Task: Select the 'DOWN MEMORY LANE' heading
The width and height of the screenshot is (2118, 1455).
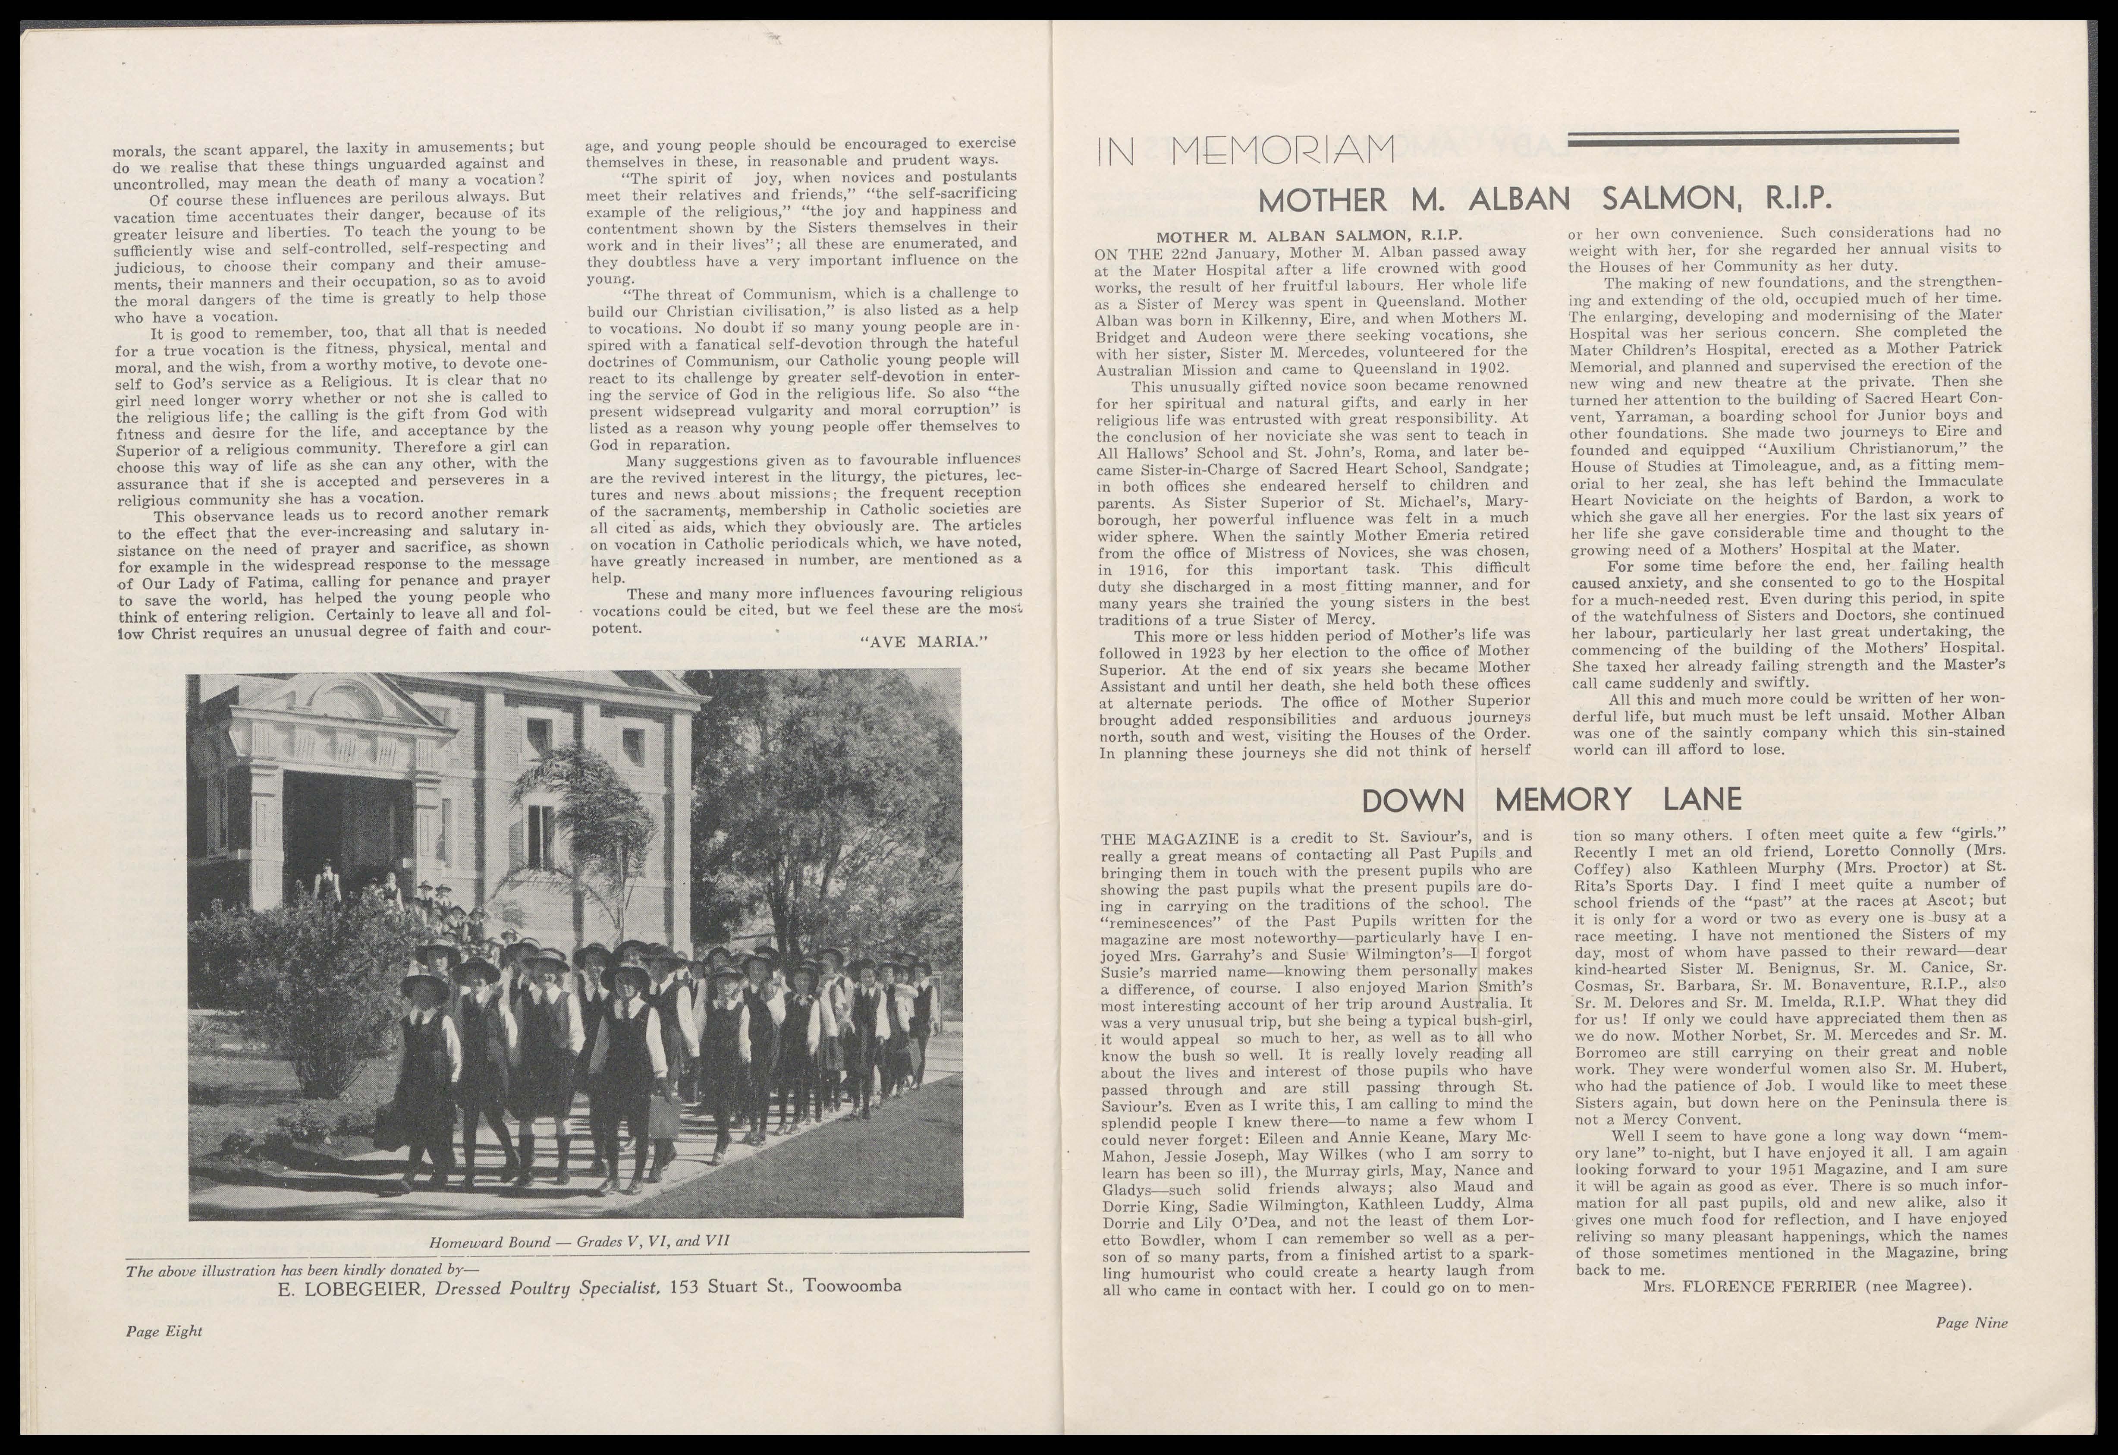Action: click(1551, 800)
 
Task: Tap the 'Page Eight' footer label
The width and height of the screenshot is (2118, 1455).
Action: click(164, 1331)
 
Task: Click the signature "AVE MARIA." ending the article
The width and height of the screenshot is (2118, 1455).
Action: click(924, 642)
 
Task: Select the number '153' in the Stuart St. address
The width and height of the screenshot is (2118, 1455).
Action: click(685, 1286)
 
